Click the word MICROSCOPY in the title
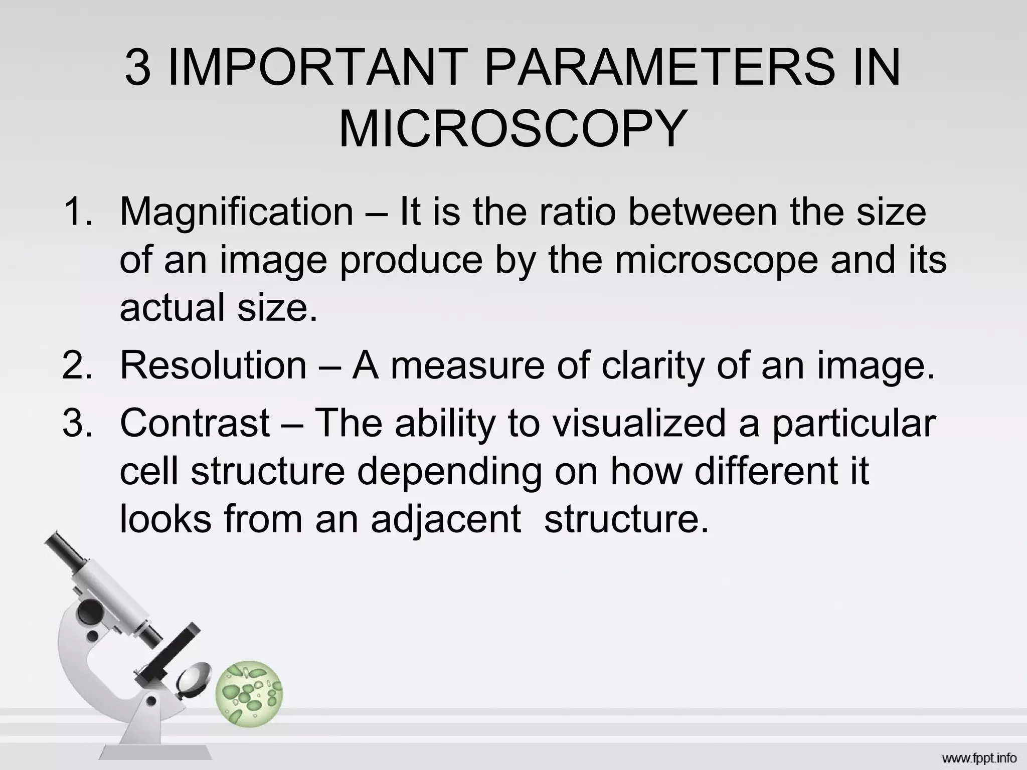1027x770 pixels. pyautogui.click(x=512, y=129)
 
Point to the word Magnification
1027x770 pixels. pyautogui.click(x=237, y=212)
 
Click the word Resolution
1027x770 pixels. pyautogui.click(x=213, y=365)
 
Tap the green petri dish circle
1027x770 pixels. pyautogui.click(x=249, y=694)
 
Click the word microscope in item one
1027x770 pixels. pyautogui.click(x=717, y=261)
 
